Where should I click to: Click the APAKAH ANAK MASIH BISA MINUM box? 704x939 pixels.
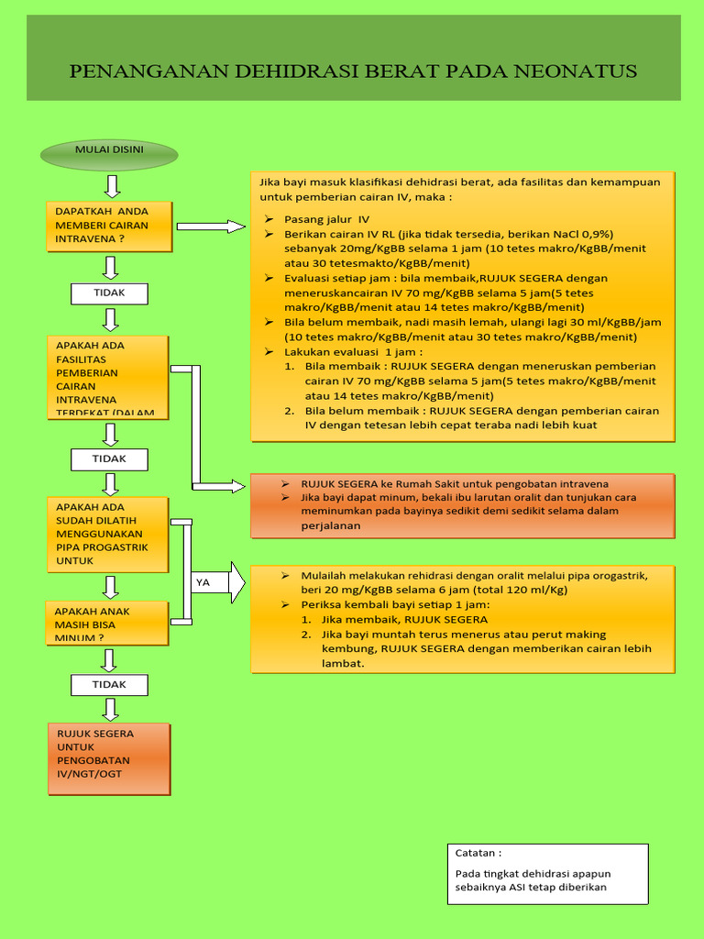[106, 624]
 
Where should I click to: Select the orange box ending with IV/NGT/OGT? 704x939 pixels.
[109, 759]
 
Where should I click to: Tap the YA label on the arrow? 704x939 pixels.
[203, 582]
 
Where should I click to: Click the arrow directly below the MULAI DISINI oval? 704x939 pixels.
[112, 186]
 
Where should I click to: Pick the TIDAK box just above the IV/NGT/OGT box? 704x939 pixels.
[109, 684]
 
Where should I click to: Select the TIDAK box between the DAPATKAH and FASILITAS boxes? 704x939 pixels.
[109, 293]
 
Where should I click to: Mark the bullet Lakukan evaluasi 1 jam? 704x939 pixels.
[353, 351]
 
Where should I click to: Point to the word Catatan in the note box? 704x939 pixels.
[478, 852]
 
